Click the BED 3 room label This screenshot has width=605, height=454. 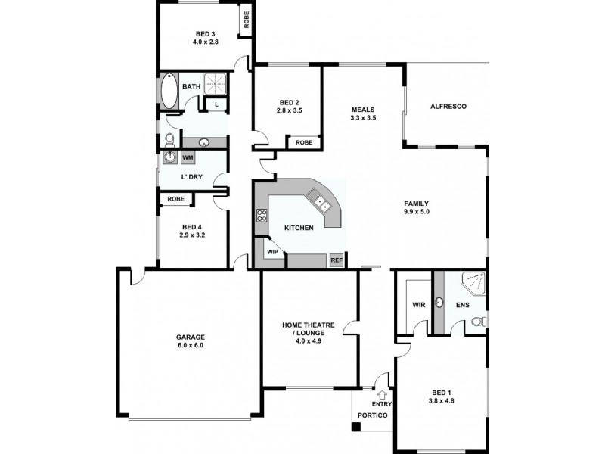[x=205, y=33]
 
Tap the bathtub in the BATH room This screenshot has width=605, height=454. [x=168, y=92]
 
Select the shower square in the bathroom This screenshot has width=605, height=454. [x=214, y=84]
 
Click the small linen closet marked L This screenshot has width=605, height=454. [x=217, y=104]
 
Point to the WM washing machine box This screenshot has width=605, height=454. [x=187, y=157]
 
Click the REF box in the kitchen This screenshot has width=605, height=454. [x=337, y=260]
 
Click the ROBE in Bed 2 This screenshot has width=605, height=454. [x=304, y=142]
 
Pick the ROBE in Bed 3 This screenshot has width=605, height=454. [x=246, y=20]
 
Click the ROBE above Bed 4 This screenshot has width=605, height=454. [x=175, y=199]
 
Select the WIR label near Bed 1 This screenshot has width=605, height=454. [x=418, y=306]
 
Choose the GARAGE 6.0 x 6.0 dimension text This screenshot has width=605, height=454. [x=191, y=345]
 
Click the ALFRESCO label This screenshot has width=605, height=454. [x=448, y=107]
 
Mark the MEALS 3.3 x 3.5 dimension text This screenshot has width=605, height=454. [x=363, y=118]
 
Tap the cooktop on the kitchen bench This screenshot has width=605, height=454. [x=262, y=219]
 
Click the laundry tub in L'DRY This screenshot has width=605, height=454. [x=170, y=157]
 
